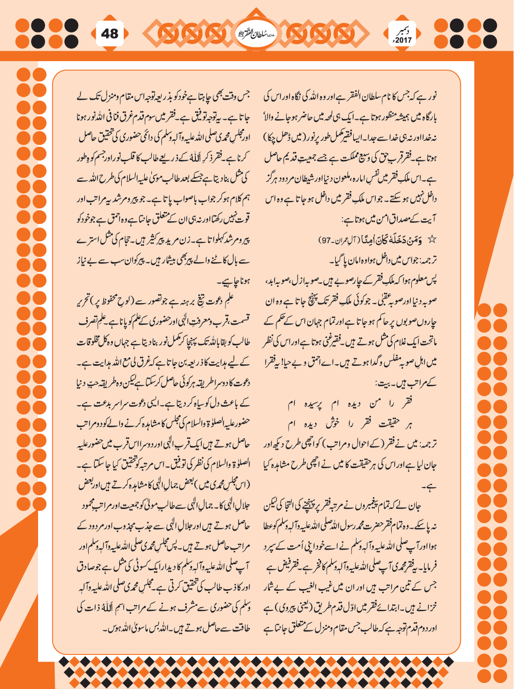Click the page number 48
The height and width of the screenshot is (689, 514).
tap(110, 34)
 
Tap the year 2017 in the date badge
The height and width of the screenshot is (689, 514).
tap(403, 40)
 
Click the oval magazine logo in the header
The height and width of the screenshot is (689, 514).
tap(256, 34)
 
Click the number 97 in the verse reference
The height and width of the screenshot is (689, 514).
tap(327, 241)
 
